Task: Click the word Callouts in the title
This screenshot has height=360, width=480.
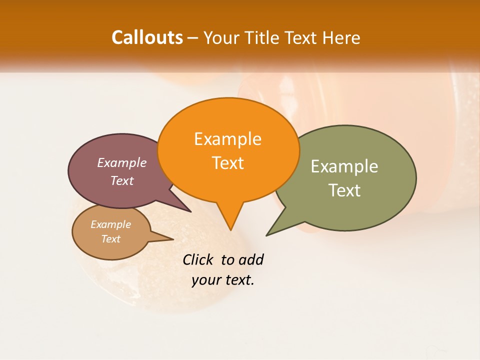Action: pyautogui.click(x=147, y=37)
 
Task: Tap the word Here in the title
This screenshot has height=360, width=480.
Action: pyautogui.click(x=341, y=37)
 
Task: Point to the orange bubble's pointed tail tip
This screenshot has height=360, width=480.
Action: pyautogui.click(x=230, y=230)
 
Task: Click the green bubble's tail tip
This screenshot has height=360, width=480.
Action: pyautogui.click(x=267, y=235)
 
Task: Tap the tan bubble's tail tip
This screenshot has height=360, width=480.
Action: pyautogui.click(x=173, y=239)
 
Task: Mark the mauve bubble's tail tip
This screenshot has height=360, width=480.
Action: pyautogui.click(x=190, y=211)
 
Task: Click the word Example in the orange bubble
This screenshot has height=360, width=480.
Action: pyautogui.click(x=227, y=139)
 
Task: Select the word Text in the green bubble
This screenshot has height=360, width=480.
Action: pyautogui.click(x=344, y=190)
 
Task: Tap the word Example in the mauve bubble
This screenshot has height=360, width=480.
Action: pyautogui.click(x=122, y=163)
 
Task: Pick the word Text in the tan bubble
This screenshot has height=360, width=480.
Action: pyautogui.click(x=111, y=239)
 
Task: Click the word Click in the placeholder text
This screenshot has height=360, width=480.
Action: pyautogui.click(x=197, y=260)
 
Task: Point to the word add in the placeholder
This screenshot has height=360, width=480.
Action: pyautogui.click(x=251, y=260)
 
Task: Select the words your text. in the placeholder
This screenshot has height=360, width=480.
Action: pyautogui.click(x=223, y=280)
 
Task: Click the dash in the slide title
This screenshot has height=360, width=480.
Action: pyautogui.click(x=193, y=38)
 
